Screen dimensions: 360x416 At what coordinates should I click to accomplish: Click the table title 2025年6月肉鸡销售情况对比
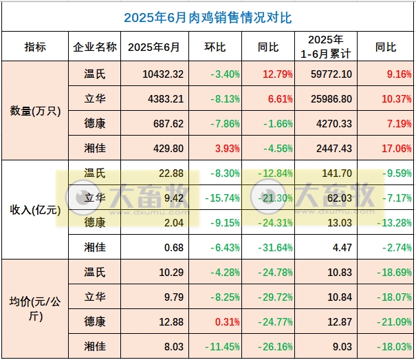pos(208,17)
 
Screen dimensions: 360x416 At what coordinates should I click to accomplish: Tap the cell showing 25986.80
pos(326,98)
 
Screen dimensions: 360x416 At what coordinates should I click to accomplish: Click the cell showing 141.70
pos(326,173)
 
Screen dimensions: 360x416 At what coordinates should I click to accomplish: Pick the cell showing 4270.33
pos(326,123)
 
